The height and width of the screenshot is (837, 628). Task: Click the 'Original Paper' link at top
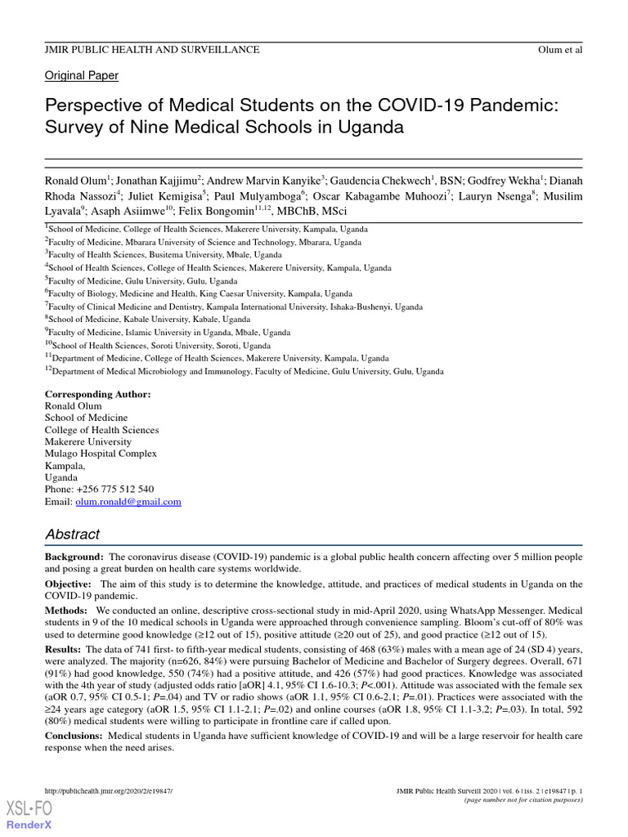[81, 75]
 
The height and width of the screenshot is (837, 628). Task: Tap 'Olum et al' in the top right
[561, 51]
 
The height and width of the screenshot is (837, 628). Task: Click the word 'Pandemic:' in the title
[519, 106]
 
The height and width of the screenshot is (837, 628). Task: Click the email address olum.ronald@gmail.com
[128, 502]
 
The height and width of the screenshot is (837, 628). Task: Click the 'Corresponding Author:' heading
[97, 394]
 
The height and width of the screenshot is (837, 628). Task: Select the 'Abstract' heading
[72, 535]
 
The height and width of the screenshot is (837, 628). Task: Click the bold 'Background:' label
[74, 557]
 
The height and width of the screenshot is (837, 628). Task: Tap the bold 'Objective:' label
[68, 584]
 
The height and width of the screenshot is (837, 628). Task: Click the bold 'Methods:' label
[65, 611]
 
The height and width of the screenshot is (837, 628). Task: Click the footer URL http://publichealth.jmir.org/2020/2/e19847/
[108, 791]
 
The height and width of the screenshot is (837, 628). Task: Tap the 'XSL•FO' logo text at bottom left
[29, 809]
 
